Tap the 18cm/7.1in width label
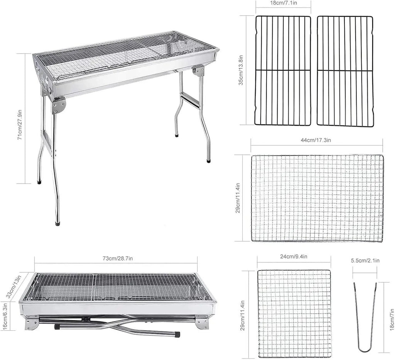(x=284, y=3)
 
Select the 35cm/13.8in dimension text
(x=241, y=70)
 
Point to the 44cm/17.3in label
(x=316, y=140)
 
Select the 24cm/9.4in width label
(x=294, y=257)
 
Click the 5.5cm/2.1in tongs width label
(x=365, y=260)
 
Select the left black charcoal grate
(x=284, y=71)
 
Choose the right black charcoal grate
(x=344, y=71)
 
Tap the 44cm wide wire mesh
(x=317, y=198)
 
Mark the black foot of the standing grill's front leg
(x=58, y=223)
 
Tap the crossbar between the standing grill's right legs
(x=191, y=100)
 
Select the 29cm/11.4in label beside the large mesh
(x=238, y=198)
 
